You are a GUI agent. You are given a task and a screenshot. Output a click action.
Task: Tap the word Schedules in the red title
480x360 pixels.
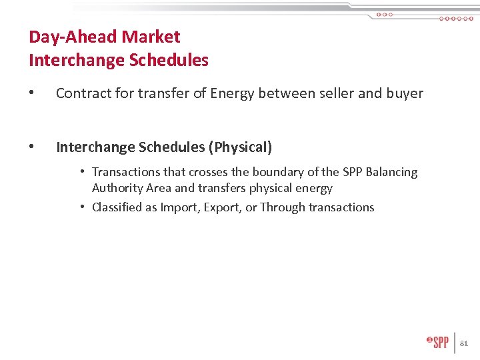[x=169, y=61]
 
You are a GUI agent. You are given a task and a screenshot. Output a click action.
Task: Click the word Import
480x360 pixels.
[x=179, y=207]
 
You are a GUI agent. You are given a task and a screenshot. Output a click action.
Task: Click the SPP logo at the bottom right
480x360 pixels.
[x=438, y=343]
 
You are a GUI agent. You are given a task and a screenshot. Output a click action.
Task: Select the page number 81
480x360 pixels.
[x=465, y=343]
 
